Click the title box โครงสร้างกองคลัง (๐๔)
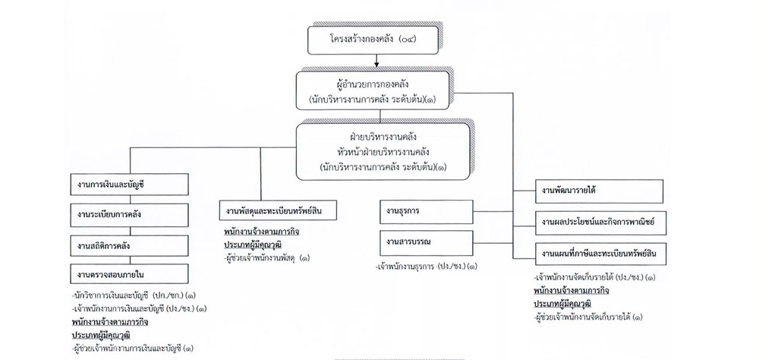coord(373,39)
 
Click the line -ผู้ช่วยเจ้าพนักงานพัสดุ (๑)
coord(266,258)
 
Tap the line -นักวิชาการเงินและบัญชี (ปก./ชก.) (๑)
coord(129,295)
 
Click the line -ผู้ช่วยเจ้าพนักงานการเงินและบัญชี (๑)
coord(129,349)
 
